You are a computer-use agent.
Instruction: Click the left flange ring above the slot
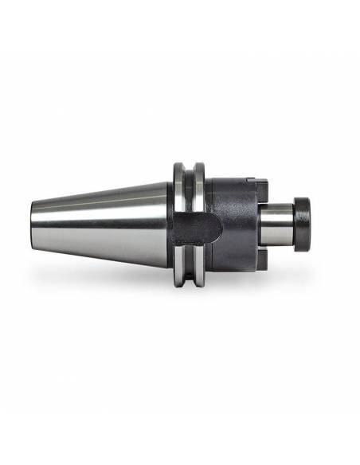click(181, 187)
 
